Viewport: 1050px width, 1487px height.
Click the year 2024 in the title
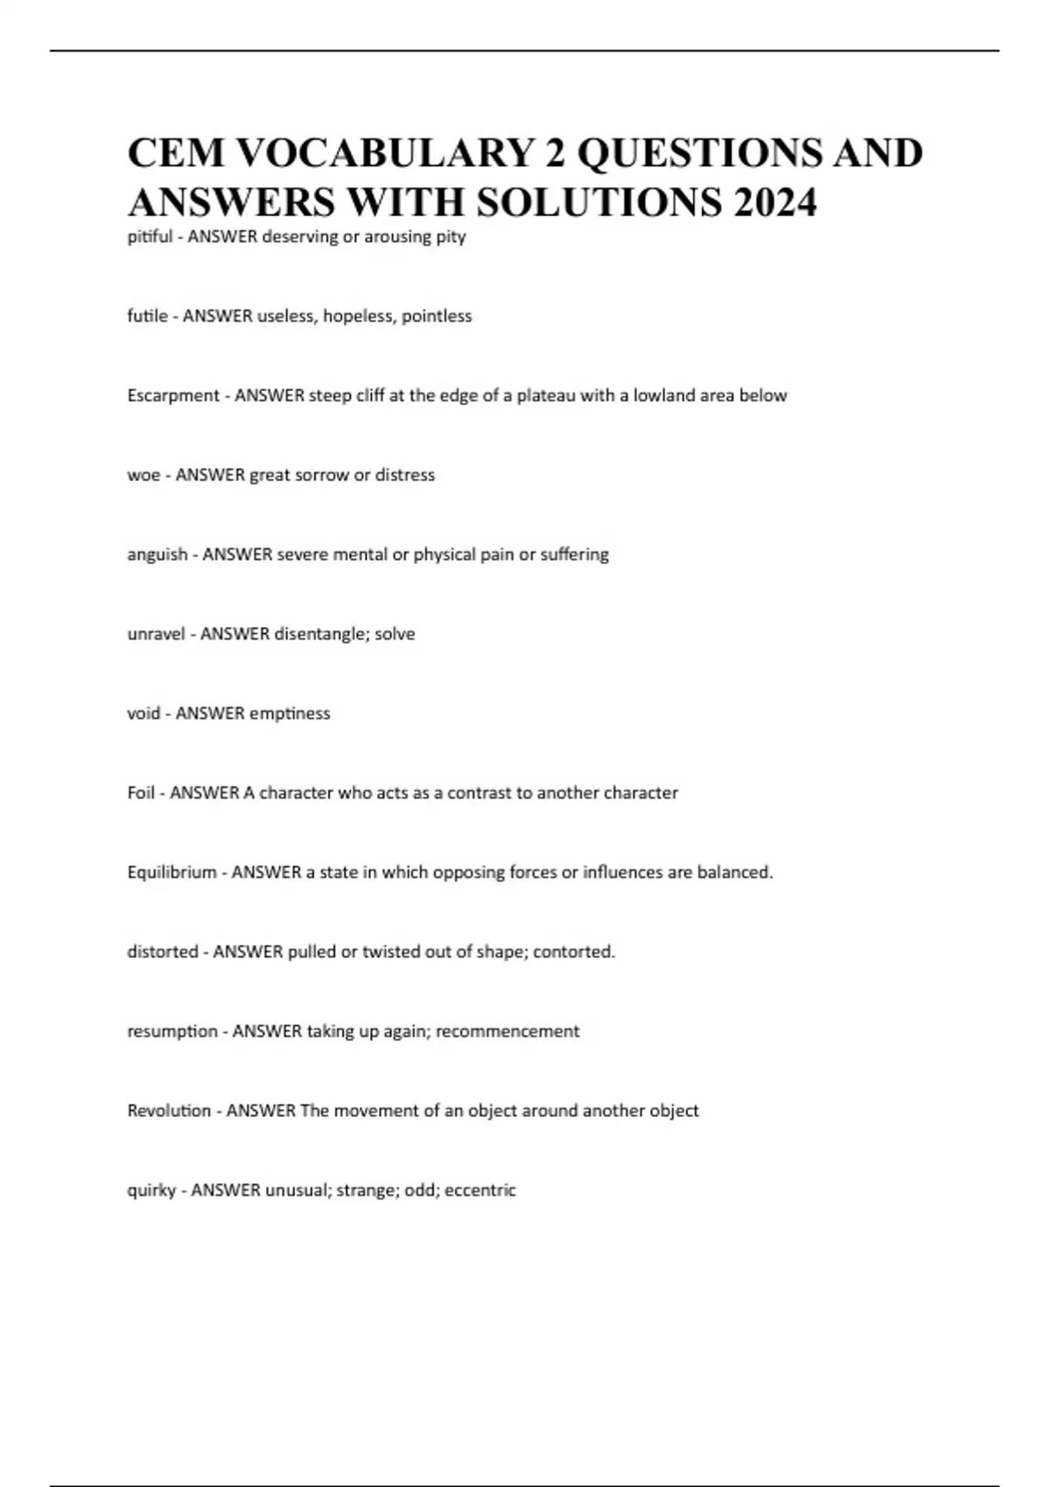pos(776,202)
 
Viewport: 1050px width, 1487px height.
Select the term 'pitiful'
pos(150,236)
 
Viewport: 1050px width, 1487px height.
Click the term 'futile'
pos(147,316)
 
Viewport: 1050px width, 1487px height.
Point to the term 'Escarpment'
pos(173,395)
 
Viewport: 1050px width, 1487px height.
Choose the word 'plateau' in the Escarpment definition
pos(545,395)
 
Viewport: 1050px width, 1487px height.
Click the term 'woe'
pos(143,475)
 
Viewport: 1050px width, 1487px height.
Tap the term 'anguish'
pos(157,555)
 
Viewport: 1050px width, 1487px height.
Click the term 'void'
pos(143,714)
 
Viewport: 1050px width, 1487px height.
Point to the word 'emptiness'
pos(290,714)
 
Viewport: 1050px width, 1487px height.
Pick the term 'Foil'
pos(141,793)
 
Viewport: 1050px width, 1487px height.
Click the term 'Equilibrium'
pos(171,873)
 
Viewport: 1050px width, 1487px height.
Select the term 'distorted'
pos(163,952)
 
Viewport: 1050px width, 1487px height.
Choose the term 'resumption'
pos(172,1031)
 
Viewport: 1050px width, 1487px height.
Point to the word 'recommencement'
pos(507,1031)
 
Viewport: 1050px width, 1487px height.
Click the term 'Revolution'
pos(169,1111)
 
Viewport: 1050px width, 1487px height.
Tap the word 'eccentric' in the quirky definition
pos(480,1190)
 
